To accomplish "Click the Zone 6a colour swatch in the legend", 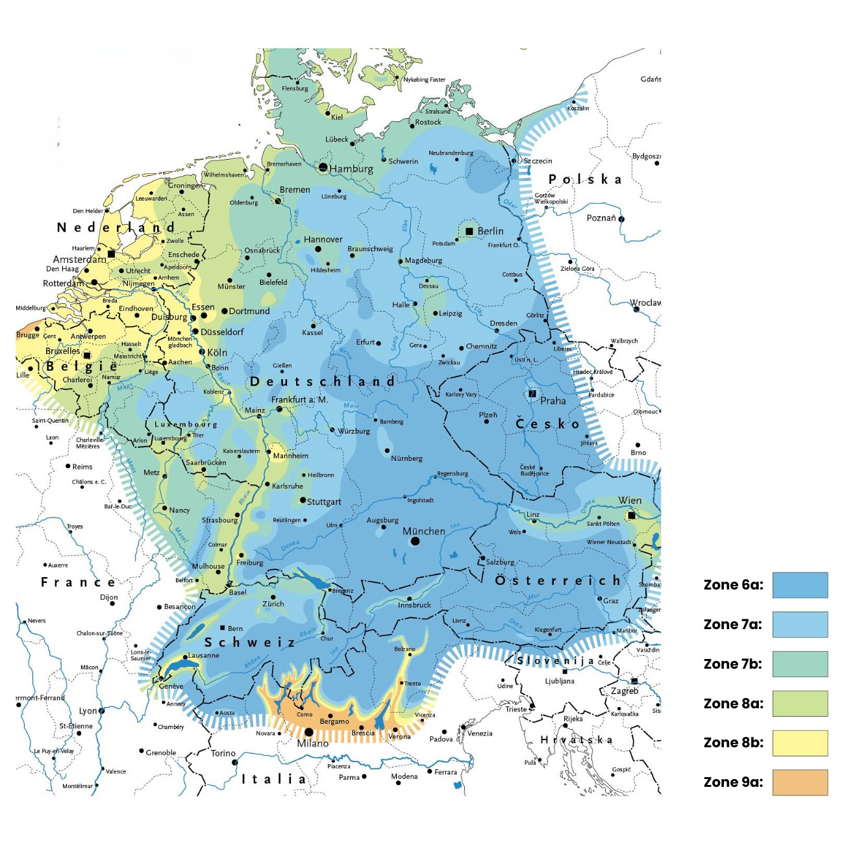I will pyautogui.click(x=800, y=585).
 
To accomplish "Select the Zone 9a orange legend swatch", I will pyautogui.click(x=800, y=782).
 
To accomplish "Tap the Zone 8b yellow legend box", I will pyautogui.click(x=800, y=743).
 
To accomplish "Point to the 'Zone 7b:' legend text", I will pyautogui.click(x=733, y=664).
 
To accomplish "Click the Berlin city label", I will pyautogui.click(x=490, y=231).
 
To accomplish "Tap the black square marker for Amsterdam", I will pyautogui.click(x=111, y=253).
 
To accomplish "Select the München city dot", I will pyautogui.click(x=415, y=541).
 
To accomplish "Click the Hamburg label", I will pyautogui.click(x=351, y=169).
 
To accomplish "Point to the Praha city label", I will pyautogui.click(x=553, y=401).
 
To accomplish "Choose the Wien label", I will pyautogui.click(x=630, y=501).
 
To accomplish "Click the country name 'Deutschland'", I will pyautogui.click(x=323, y=382).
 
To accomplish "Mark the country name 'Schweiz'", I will pyautogui.click(x=250, y=642).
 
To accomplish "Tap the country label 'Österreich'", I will pyautogui.click(x=558, y=580).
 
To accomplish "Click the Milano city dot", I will pyautogui.click(x=308, y=732).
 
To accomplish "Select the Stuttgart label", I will pyautogui.click(x=324, y=502).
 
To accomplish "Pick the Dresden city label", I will pyautogui.click(x=504, y=323).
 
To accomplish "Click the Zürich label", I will pyautogui.click(x=273, y=604).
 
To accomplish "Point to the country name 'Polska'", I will pyautogui.click(x=585, y=179).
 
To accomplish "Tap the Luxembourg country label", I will pyautogui.click(x=186, y=425).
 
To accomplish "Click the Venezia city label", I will pyautogui.click(x=480, y=734).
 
